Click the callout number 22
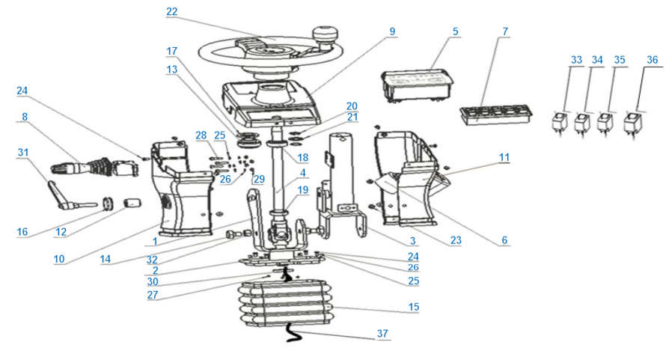click(x=172, y=11)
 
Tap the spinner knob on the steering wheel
click(x=326, y=37)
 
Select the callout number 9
click(x=392, y=31)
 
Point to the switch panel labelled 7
click(x=496, y=115)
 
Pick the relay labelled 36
click(x=632, y=124)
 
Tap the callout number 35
click(x=620, y=60)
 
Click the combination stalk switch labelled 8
click(x=95, y=166)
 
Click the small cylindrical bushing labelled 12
click(x=132, y=203)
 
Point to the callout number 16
click(x=22, y=231)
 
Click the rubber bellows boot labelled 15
click(x=284, y=303)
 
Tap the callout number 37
click(x=382, y=334)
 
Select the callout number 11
click(x=504, y=157)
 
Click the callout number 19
click(x=303, y=190)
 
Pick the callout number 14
click(x=106, y=259)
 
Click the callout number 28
click(x=201, y=135)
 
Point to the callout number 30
click(x=153, y=281)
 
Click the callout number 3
click(x=412, y=241)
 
